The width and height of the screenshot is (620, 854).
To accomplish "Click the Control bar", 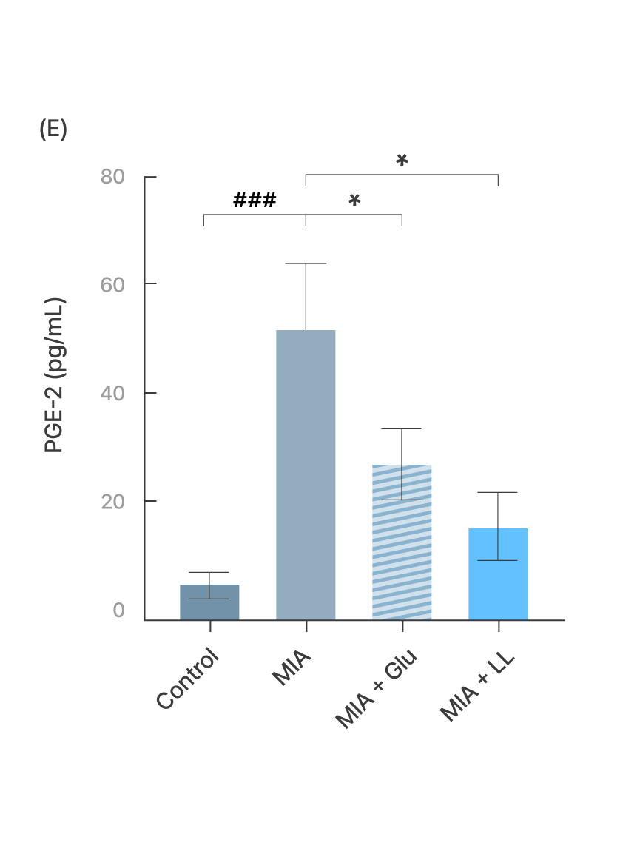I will (209, 602).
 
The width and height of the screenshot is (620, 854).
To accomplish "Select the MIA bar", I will (306, 474).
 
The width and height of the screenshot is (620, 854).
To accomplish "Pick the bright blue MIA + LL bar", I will (498, 574).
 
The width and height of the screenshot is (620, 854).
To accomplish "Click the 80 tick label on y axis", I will (112, 178).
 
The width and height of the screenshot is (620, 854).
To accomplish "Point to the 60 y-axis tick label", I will (112, 284).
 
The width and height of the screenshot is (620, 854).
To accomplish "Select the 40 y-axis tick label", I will (112, 393).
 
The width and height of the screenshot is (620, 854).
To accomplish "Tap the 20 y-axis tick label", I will (112, 502).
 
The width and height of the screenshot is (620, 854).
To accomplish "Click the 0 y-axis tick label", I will (119, 611).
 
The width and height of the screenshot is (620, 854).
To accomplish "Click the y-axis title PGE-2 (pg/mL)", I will (55, 376).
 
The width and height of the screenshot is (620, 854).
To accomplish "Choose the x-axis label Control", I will (189, 679).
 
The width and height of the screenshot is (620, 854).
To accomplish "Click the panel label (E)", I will (53, 130).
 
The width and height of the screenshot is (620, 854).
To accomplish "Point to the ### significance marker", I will (255, 200).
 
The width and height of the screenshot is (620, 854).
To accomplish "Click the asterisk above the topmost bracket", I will (402, 160).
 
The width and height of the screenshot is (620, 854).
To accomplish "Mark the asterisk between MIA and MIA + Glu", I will (354, 201).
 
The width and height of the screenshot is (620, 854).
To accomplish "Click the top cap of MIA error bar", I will (306, 263).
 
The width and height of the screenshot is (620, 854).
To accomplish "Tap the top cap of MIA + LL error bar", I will (498, 492).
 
